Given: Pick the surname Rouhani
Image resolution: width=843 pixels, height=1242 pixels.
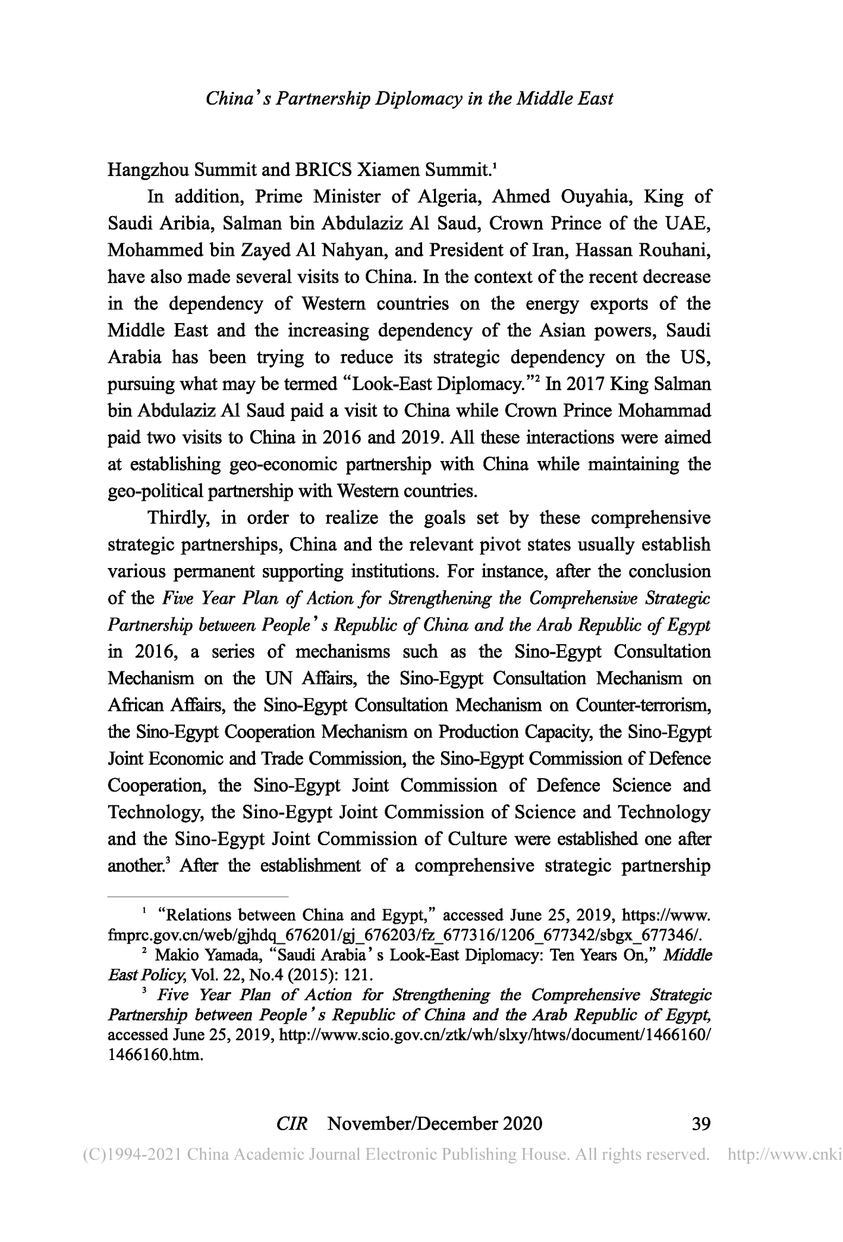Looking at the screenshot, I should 674,250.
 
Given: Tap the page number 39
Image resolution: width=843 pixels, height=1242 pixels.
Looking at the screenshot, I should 702,1124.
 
